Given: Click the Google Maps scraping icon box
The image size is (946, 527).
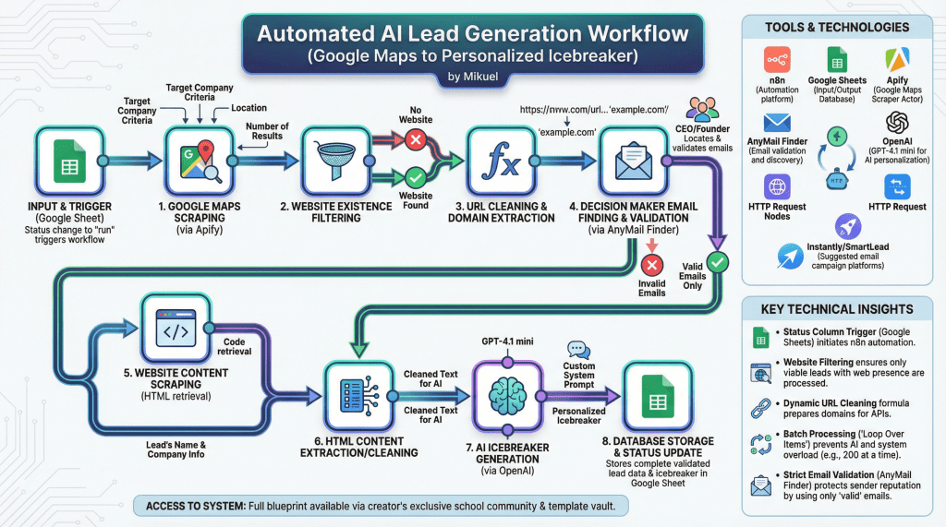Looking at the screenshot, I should pos(197,161).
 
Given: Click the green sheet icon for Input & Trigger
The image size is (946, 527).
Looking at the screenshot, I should pos(67,161).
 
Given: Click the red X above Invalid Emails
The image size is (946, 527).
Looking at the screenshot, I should pos(651,264).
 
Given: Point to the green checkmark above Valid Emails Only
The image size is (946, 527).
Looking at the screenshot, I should pos(718,262).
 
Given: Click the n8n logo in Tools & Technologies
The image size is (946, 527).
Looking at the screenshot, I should pos(777,61).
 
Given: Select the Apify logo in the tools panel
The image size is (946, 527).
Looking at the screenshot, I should pos(896,61).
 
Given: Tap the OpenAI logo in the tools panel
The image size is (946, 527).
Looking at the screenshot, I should pos(897,123).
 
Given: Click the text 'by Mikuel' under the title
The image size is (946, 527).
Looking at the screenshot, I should pos(472,77).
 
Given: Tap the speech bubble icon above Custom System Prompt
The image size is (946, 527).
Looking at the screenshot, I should pos(578,349).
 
